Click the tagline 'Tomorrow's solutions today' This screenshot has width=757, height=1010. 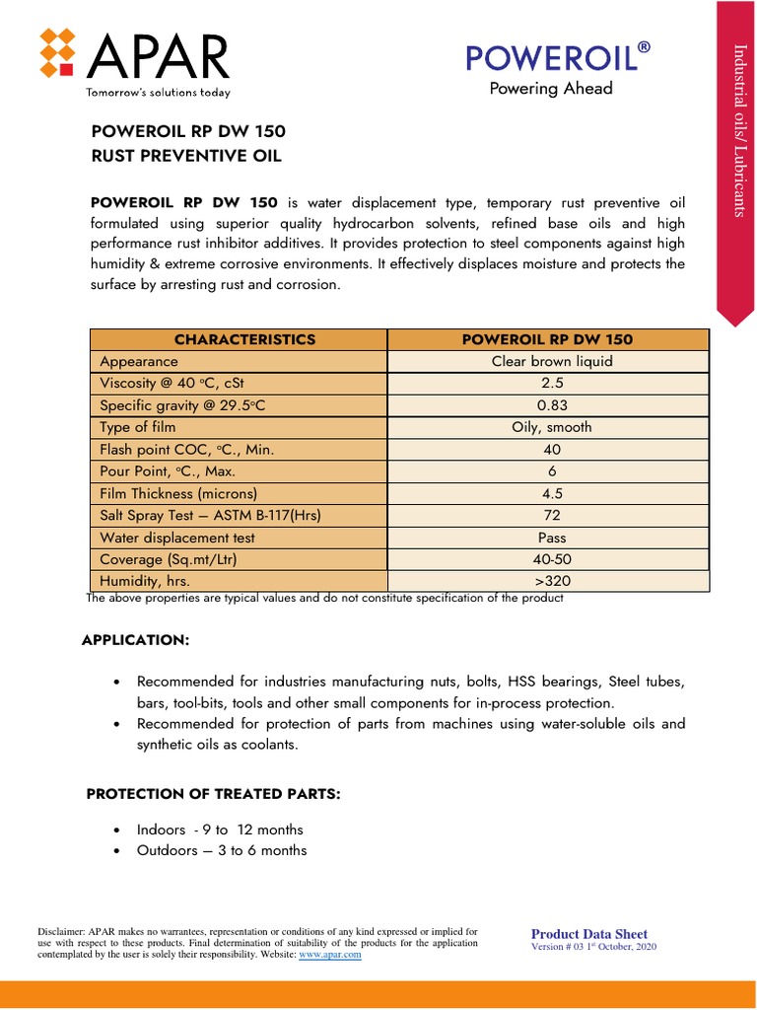159,93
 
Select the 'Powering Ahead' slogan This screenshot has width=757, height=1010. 551,89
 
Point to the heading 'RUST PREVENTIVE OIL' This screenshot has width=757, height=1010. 186,156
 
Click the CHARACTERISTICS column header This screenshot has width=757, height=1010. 244,339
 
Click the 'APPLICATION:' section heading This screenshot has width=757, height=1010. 134,640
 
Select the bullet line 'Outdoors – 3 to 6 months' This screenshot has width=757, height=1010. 221,850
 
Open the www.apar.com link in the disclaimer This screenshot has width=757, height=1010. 329,956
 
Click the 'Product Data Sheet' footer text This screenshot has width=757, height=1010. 589,934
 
